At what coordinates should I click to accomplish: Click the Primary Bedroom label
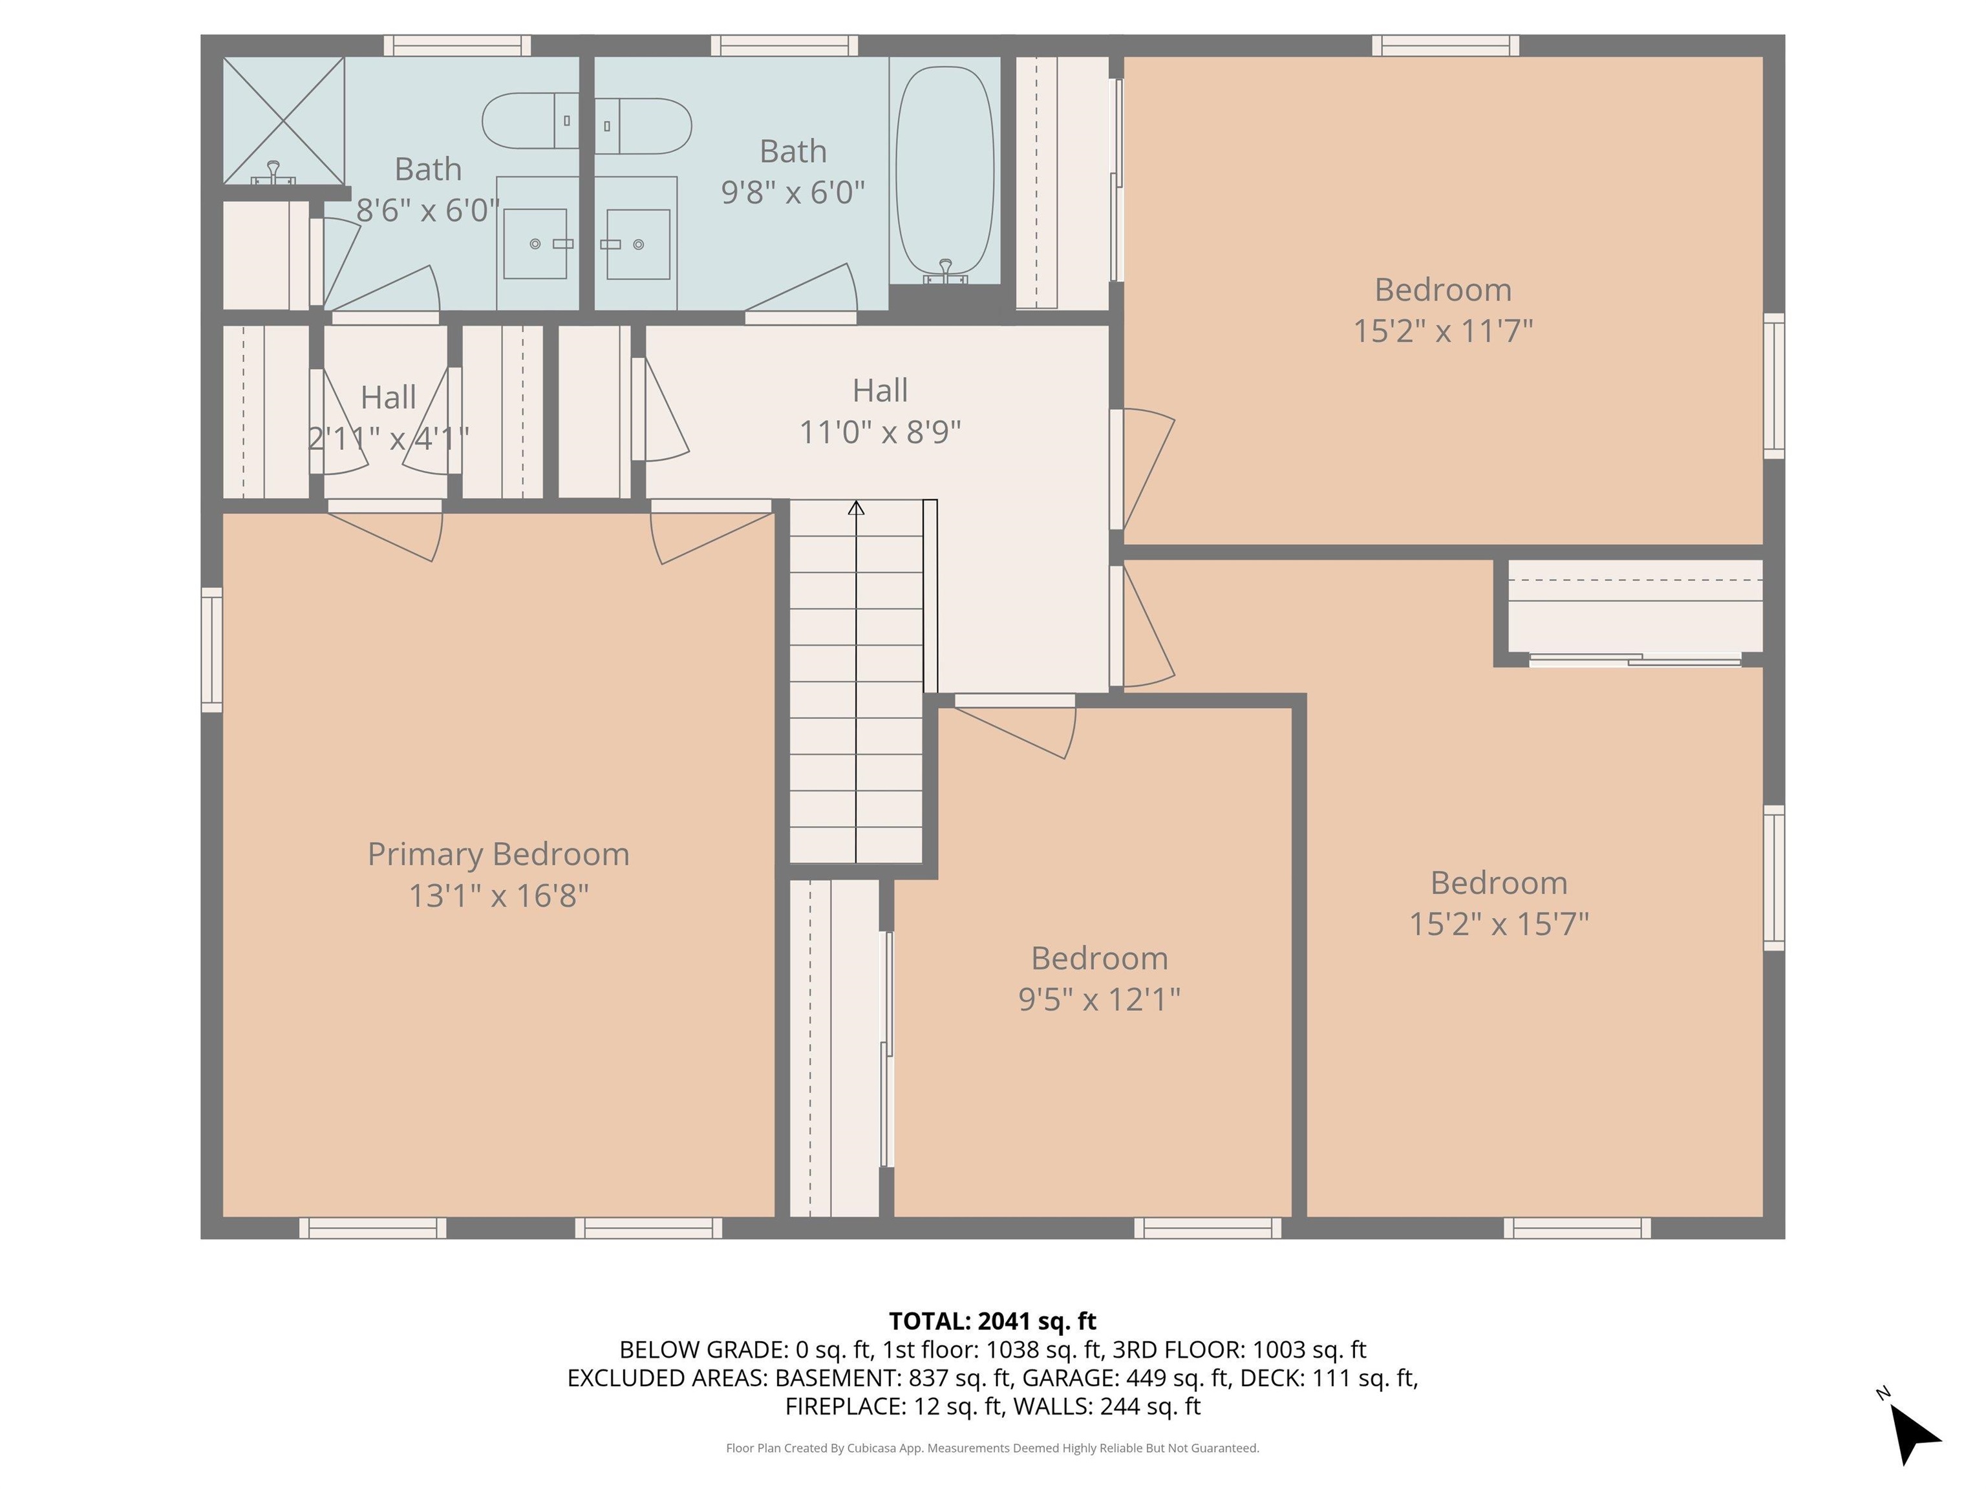coord(498,854)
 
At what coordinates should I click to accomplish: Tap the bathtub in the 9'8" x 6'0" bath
coord(945,171)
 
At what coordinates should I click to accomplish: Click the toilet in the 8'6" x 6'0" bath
coord(529,120)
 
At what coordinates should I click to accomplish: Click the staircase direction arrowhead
coord(856,508)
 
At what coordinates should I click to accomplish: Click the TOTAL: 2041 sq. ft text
coord(992,1321)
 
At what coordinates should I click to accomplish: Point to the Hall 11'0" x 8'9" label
coord(880,411)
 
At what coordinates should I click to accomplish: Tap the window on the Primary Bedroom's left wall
coord(211,649)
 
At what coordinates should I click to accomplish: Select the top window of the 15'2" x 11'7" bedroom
coord(1445,45)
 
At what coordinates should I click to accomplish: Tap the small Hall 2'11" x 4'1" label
coord(388,397)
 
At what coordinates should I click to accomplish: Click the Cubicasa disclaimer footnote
coord(992,1448)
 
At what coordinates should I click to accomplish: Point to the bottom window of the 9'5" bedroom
coord(1208,1228)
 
